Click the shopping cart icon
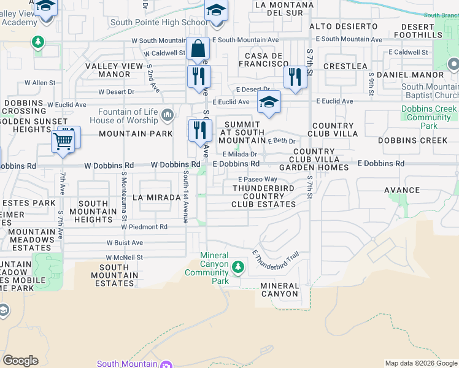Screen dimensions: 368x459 [x=64, y=140]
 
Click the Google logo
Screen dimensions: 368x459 [x=20, y=361]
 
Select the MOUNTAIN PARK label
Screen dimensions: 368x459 [x=136, y=134]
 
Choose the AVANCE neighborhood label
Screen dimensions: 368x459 [x=403, y=190]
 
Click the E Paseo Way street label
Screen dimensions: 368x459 [x=258, y=179]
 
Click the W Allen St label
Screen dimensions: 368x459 [x=40, y=83]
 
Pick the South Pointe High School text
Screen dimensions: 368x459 [x=159, y=23]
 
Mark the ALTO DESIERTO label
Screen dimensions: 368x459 [x=344, y=26]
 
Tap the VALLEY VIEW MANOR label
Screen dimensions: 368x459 [x=108, y=70]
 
